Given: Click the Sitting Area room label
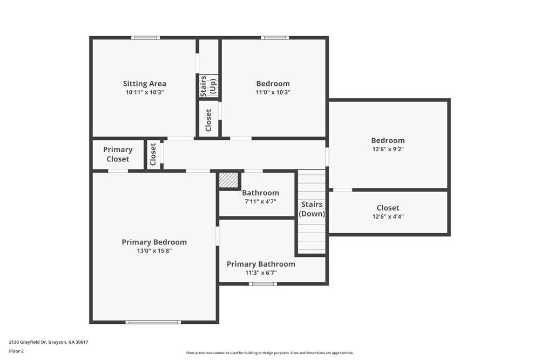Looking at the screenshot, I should pyautogui.click(x=144, y=84).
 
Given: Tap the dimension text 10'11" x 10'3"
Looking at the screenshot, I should pyautogui.click(x=144, y=92).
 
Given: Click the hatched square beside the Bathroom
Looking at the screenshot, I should pyautogui.click(x=228, y=180).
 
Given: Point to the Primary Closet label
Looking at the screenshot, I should pyautogui.click(x=118, y=154).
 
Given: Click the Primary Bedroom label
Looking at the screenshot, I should pyautogui.click(x=154, y=242).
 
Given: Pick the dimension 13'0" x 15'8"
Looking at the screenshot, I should pyautogui.click(x=154, y=251).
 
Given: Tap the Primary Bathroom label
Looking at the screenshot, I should pyautogui.click(x=261, y=264).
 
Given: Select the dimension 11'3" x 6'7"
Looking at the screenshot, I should pyautogui.click(x=261, y=273).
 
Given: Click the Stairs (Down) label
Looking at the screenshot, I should pyautogui.click(x=312, y=209).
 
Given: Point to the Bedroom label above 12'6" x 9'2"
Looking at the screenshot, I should pyautogui.click(x=388, y=140).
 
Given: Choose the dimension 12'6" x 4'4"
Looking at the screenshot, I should pyautogui.click(x=388, y=216).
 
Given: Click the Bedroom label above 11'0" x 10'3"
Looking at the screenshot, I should pyautogui.click(x=273, y=84).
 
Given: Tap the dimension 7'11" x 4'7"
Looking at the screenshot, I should pyautogui.click(x=260, y=201).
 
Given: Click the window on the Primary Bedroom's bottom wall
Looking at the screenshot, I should pyautogui.click(x=153, y=322).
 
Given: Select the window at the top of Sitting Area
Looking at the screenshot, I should pyautogui.click(x=145, y=38).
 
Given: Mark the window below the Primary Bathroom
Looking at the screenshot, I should pyautogui.click(x=263, y=283).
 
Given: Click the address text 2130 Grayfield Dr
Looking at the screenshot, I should pyautogui.click(x=48, y=342).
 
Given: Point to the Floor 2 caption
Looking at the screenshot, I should pyautogui.click(x=16, y=351).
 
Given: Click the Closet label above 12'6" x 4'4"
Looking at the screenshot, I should pyautogui.click(x=388, y=208).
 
